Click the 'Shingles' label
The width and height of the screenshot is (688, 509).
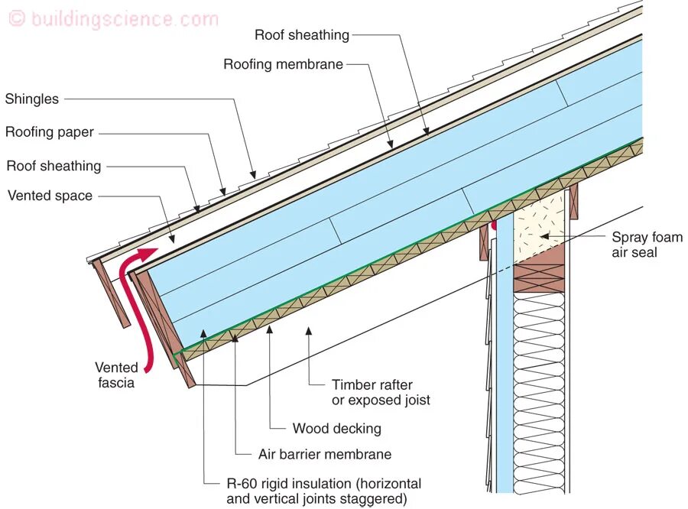31,99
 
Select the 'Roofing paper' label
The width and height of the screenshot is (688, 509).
50,132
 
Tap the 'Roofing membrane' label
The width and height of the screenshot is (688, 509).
283,64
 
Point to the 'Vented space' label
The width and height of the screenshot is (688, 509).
50,196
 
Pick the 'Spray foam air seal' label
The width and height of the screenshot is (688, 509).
646,245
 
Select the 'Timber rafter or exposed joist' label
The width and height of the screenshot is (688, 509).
381,392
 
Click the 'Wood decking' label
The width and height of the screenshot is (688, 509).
336,428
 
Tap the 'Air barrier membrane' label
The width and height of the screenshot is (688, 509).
324,454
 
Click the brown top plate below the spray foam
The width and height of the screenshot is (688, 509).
539,275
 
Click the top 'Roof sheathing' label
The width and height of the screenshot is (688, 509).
301,35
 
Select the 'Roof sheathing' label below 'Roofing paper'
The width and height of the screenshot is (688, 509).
54,166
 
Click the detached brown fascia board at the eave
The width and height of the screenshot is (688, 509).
112,294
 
